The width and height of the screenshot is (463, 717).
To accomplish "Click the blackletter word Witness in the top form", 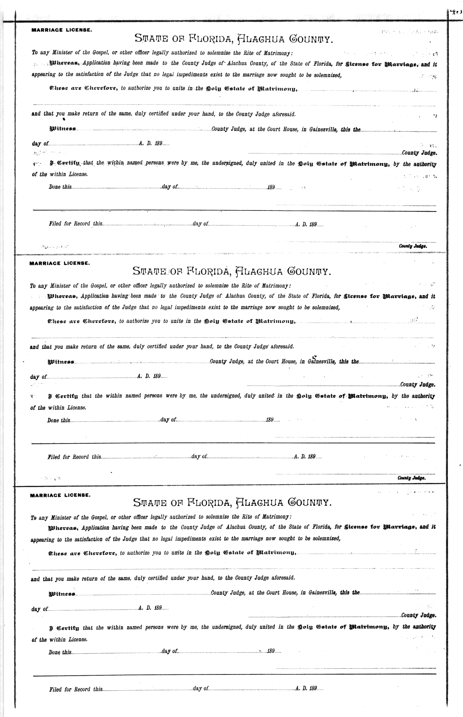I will pos(63,129).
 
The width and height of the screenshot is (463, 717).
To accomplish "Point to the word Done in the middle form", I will pos(53,420).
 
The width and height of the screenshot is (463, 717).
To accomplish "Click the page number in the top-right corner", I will pos(456,12).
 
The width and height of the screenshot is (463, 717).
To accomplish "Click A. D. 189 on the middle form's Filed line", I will pos(305,457).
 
